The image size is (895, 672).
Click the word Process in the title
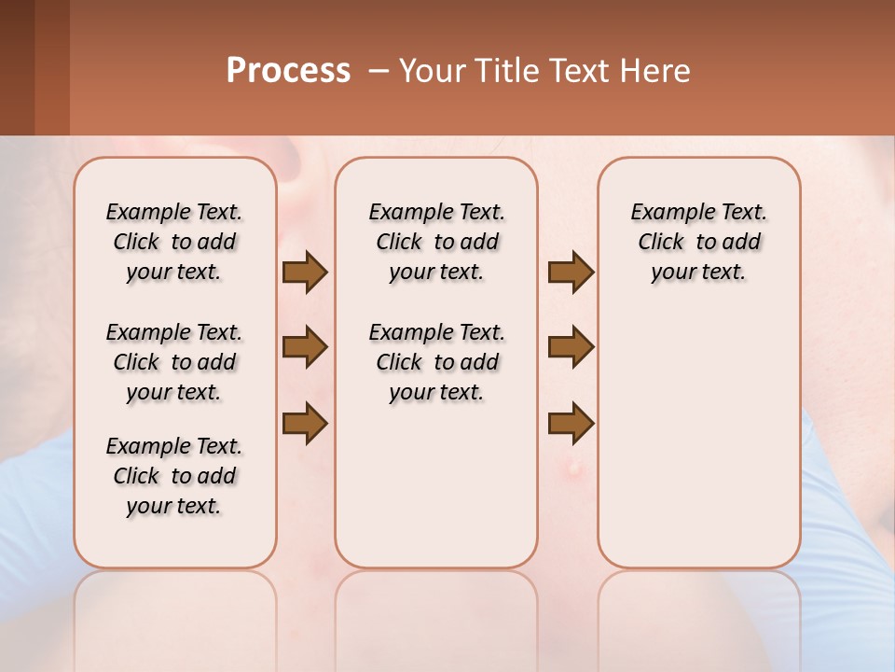288,71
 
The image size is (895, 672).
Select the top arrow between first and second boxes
305,273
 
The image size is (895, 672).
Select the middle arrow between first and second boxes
305,347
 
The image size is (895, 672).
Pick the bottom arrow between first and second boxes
305,424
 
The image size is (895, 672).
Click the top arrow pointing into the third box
571,273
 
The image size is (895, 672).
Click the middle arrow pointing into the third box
571,347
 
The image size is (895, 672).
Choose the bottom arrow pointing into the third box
571,424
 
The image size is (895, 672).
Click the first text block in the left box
174,242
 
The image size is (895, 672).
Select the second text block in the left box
174,362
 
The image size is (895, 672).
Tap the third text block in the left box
174,476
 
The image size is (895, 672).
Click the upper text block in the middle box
436,242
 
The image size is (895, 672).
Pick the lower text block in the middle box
436,362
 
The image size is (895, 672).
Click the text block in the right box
698,242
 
